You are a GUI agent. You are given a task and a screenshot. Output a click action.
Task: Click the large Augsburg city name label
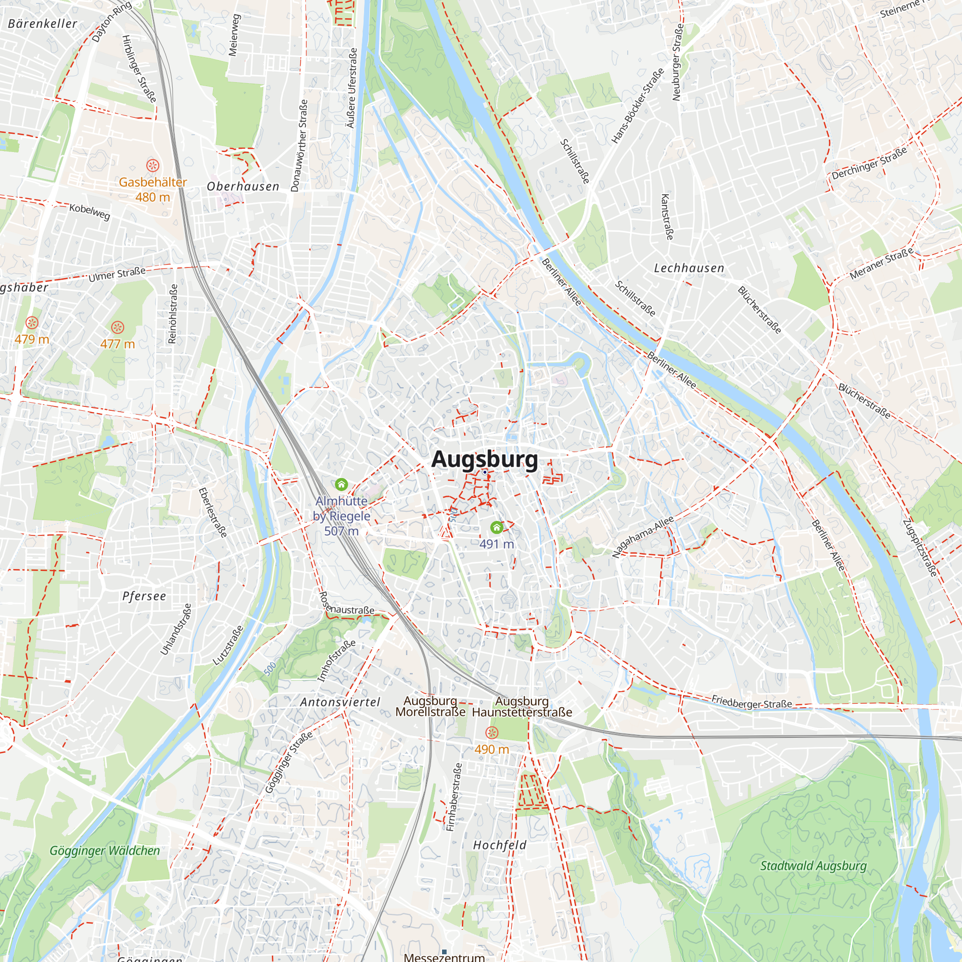[x=484, y=459]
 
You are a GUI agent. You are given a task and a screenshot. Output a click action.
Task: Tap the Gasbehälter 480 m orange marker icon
[x=152, y=165]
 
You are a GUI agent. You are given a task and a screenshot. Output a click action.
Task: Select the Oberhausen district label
[x=243, y=187]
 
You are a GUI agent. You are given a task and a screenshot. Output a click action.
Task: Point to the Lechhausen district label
[x=689, y=268]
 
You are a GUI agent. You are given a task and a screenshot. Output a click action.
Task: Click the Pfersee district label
[x=144, y=596]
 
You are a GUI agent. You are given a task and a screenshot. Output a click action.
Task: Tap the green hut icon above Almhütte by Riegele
[x=341, y=484]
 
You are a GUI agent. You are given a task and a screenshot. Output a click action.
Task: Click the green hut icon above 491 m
[x=496, y=527]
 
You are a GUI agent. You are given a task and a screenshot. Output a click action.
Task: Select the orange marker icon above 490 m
[x=492, y=733]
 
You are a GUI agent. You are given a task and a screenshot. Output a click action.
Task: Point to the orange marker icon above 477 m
[x=117, y=327]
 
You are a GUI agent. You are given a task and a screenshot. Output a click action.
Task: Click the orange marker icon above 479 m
[x=32, y=323]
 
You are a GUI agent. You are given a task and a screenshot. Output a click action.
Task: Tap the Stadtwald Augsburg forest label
[x=813, y=866]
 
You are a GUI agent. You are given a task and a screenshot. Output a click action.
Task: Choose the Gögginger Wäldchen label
[x=104, y=851]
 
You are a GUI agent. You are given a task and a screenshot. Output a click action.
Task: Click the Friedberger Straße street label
[x=751, y=702]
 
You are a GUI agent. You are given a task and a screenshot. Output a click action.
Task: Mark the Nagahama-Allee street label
[x=642, y=537]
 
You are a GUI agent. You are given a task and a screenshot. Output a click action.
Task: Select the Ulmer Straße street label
[x=117, y=274]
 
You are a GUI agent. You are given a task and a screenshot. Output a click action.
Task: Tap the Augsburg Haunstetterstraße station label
[x=522, y=707]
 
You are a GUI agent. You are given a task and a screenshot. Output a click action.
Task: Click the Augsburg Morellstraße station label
[x=430, y=707]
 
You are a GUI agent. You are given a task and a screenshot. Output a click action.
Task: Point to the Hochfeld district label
[x=499, y=845]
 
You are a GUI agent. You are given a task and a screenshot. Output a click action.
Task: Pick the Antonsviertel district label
[x=340, y=702]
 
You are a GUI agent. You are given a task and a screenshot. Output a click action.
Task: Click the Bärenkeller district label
[x=42, y=24]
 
